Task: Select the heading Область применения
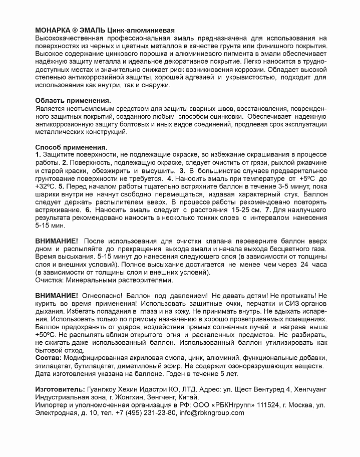pos(73,100)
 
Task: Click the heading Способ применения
pos(71,147)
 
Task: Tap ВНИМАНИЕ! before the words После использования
pos(57,241)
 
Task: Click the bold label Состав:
pos(49,358)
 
